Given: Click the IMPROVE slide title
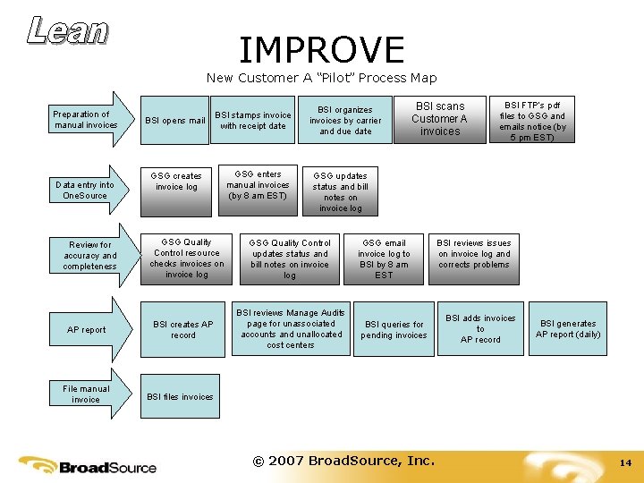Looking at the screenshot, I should pos(321,49).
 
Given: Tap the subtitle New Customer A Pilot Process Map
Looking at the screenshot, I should pos(321,78).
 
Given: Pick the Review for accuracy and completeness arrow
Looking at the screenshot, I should pos(90,256).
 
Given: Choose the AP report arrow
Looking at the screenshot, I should pos(88,329).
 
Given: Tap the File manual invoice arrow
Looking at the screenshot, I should pos(88,394).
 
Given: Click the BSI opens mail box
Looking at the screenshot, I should pos(175,121).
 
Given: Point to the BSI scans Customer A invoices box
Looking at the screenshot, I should pos(440,118).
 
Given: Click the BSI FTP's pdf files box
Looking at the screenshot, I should pos(532,121).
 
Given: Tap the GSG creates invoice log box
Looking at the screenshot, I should pos(176,182).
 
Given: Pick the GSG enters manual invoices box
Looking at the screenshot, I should pos(258,185).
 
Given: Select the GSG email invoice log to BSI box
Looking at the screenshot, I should pos(384,258).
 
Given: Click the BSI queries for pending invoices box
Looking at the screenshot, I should pos(394,330).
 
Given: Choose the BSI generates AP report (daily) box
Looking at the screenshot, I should pos(568,329).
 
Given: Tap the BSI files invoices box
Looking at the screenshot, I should pos(180,396).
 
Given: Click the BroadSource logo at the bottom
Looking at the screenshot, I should pos(89,465).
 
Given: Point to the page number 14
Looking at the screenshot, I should pos(625,463).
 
